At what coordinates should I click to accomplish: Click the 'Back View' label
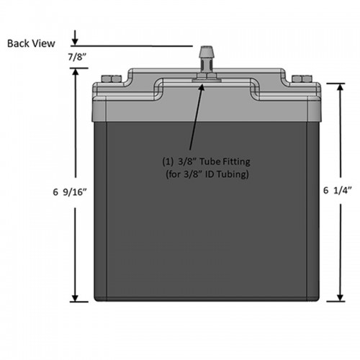coord(31,43)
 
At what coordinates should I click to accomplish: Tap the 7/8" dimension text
coord(77,57)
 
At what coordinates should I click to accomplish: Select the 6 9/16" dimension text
coord(70,192)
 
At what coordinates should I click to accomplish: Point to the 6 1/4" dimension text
coord(337,190)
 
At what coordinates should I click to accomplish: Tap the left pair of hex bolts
coord(112,78)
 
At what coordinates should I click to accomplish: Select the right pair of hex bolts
coord(302,78)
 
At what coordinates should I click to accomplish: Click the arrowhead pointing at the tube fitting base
coord(202,87)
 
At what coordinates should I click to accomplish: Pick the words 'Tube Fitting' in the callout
coord(225,161)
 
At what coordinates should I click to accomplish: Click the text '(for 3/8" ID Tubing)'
coord(207,174)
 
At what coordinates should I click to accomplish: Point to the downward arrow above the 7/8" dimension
coord(75,37)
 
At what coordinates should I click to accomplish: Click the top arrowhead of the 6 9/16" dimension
coord(76,72)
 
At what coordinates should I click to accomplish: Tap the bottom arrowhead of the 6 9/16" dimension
coord(76,298)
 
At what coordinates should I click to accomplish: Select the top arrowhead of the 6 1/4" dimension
coord(340,87)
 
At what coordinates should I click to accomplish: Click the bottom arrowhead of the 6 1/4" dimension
coord(340,297)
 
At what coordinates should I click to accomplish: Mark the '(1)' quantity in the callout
coord(168,161)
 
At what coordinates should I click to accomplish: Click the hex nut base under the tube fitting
coord(207,78)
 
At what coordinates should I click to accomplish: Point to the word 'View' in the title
coord(44,43)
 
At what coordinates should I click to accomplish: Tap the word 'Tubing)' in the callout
coord(233,174)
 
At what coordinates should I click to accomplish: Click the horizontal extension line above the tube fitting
coord(132,45)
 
